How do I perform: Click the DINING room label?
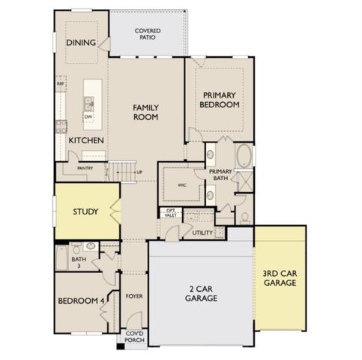(80, 43)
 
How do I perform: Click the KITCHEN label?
(86, 140)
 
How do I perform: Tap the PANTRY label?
(85, 169)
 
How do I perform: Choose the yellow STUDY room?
(84, 211)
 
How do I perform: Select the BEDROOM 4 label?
(80, 301)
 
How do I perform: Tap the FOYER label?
(134, 296)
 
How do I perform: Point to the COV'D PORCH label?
(135, 338)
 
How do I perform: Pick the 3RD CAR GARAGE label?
(280, 278)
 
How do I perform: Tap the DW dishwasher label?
(88, 117)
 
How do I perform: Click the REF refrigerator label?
(60, 84)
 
